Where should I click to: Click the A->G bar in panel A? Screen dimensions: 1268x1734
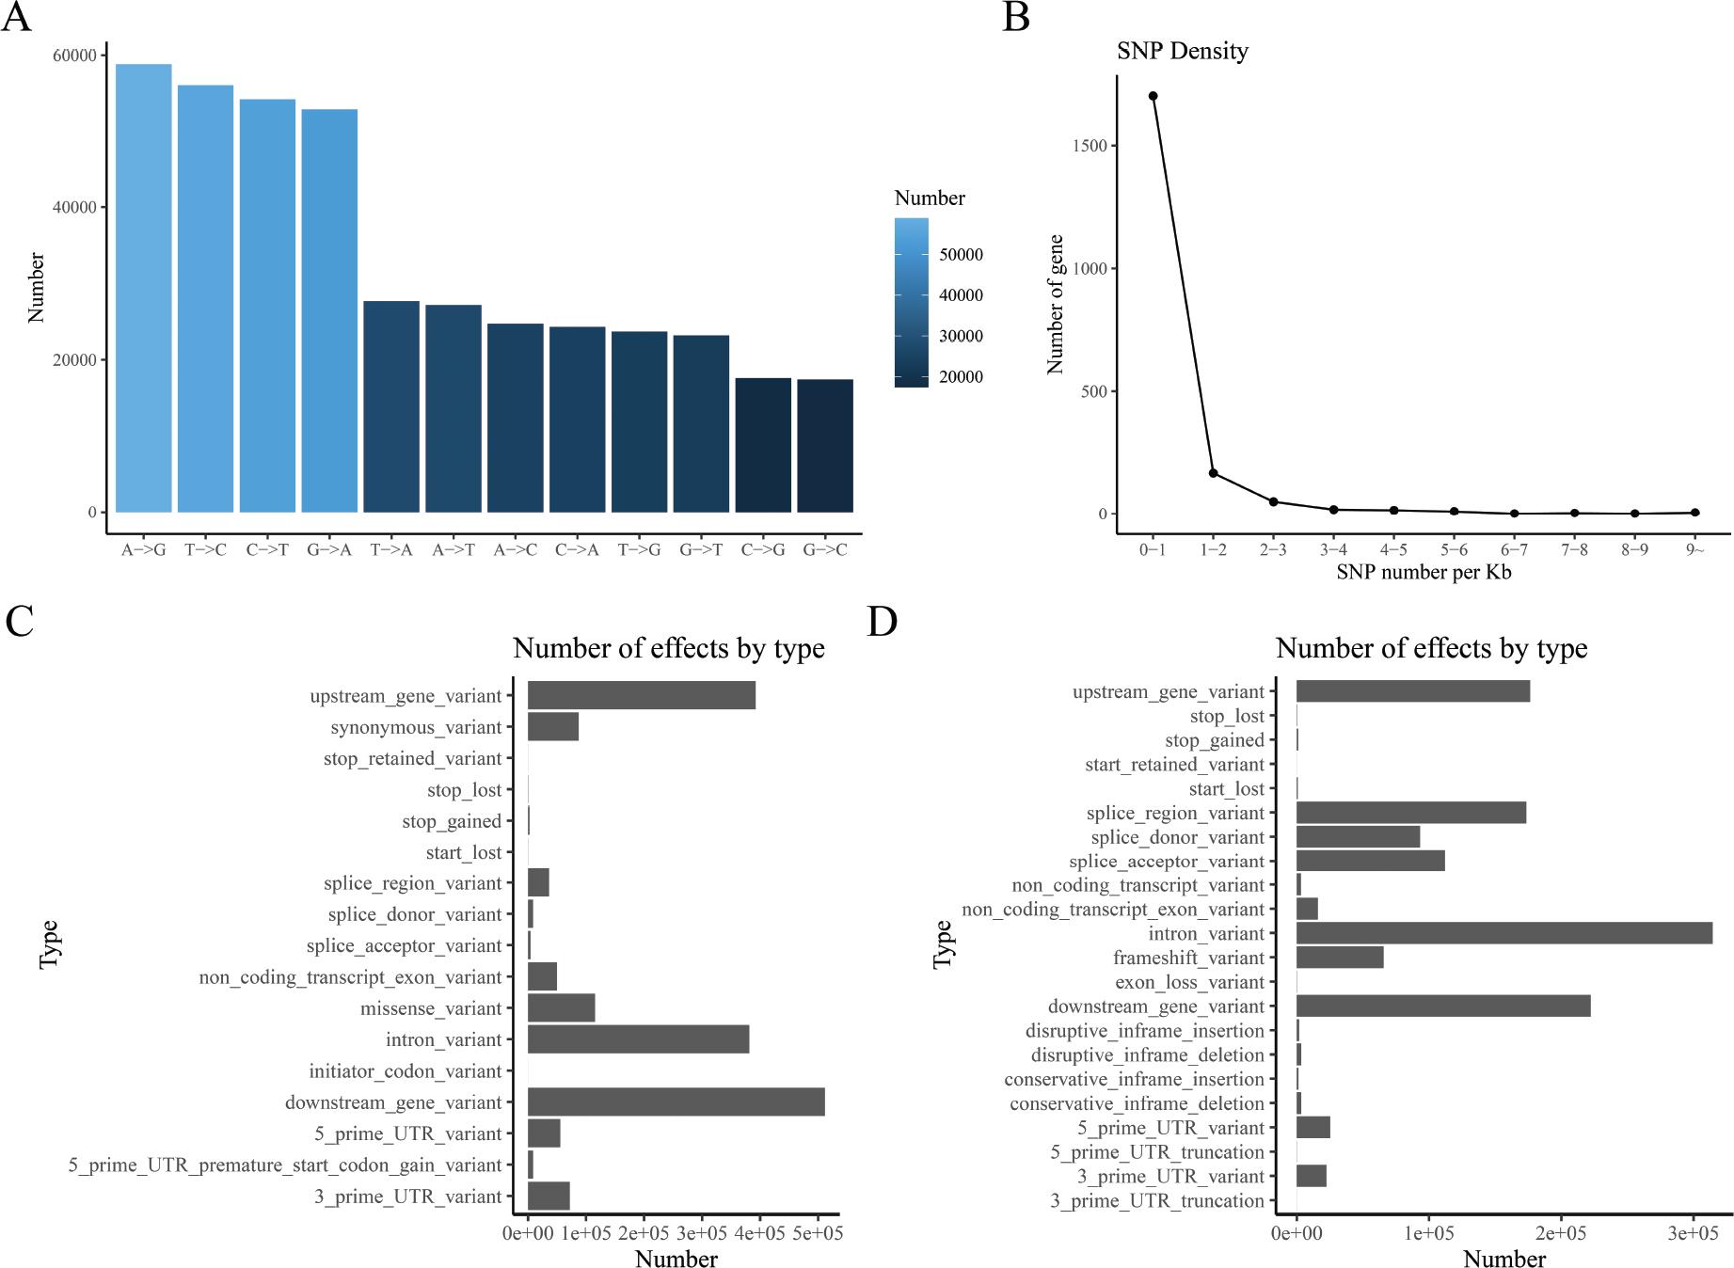(143, 288)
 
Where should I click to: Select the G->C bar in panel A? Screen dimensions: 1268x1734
(824, 446)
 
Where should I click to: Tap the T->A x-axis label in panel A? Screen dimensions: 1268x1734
(391, 550)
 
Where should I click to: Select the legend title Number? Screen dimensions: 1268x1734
(929, 198)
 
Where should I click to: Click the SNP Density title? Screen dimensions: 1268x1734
(1182, 51)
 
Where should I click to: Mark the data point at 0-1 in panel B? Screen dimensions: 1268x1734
(1153, 96)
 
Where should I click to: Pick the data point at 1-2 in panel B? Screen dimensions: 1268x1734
(1213, 473)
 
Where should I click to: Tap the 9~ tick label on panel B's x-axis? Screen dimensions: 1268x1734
(1694, 550)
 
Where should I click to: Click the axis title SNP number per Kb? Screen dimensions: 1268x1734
(1424, 572)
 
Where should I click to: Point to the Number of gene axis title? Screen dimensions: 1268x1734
(1056, 304)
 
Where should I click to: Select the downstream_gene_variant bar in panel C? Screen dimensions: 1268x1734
(676, 1102)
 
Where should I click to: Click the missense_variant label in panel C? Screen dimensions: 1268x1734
(431, 1009)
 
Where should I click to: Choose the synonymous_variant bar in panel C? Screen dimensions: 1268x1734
(552, 727)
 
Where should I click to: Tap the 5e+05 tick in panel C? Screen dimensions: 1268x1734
(816, 1233)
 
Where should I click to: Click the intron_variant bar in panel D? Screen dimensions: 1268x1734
(1503, 933)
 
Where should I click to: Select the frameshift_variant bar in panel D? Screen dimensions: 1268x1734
(1339, 958)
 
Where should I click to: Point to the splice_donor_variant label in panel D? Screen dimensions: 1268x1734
(1177, 837)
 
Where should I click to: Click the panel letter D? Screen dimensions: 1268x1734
(882, 622)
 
